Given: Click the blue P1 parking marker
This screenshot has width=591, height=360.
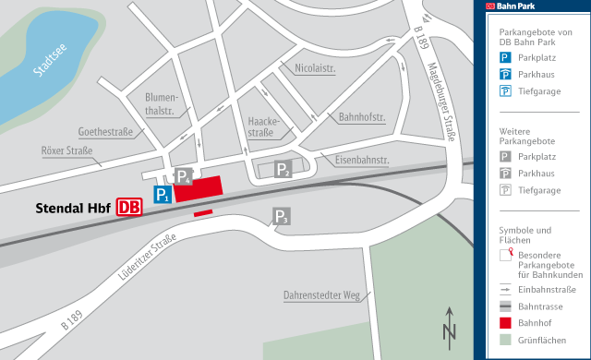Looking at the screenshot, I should click(163, 195).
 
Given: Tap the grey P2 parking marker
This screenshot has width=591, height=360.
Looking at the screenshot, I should click(283, 169).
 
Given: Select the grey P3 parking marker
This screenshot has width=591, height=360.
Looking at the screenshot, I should click(282, 217).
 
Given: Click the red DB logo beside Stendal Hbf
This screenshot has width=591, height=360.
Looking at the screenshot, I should click(130, 209).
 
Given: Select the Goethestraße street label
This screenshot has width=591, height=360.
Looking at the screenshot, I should click(107, 132).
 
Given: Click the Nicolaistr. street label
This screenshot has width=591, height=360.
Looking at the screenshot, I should click(316, 67).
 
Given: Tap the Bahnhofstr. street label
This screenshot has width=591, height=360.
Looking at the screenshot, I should click(362, 117).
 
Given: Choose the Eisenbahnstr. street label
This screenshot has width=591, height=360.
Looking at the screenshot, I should click(362, 160).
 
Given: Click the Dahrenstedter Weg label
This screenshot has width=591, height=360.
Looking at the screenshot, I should click(320, 295).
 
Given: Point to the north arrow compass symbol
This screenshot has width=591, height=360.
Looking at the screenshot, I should click(449, 326).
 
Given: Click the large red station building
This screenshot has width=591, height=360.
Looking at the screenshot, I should click(199, 188).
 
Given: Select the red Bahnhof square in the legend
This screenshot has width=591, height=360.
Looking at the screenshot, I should click(505, 323).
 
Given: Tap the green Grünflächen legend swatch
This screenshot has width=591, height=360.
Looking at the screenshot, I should click(505, 341).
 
